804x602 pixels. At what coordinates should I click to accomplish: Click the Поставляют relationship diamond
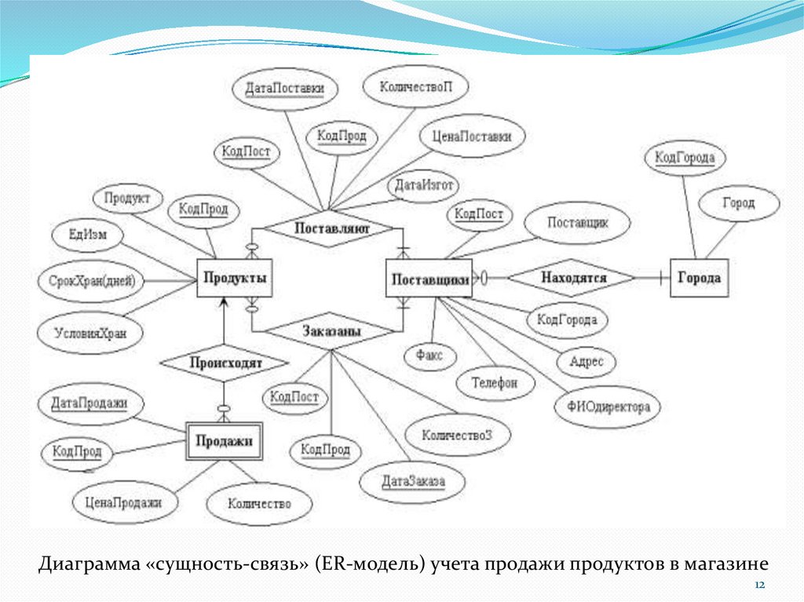[x=331, y=228]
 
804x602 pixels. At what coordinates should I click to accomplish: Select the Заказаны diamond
[x=331, y=332]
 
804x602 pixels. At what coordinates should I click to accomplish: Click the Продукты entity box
[x=234, y=279]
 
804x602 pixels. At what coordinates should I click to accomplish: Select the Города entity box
[x=699, y=279]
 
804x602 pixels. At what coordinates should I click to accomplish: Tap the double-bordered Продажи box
[x=224, y=441]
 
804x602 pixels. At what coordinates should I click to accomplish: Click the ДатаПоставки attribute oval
[x=285, y=89]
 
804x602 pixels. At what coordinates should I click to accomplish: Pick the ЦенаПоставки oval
[x=472, y=137]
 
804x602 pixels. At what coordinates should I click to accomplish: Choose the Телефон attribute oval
[x=495, y=384]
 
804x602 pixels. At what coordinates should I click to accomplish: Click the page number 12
[x=759, y=586]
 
